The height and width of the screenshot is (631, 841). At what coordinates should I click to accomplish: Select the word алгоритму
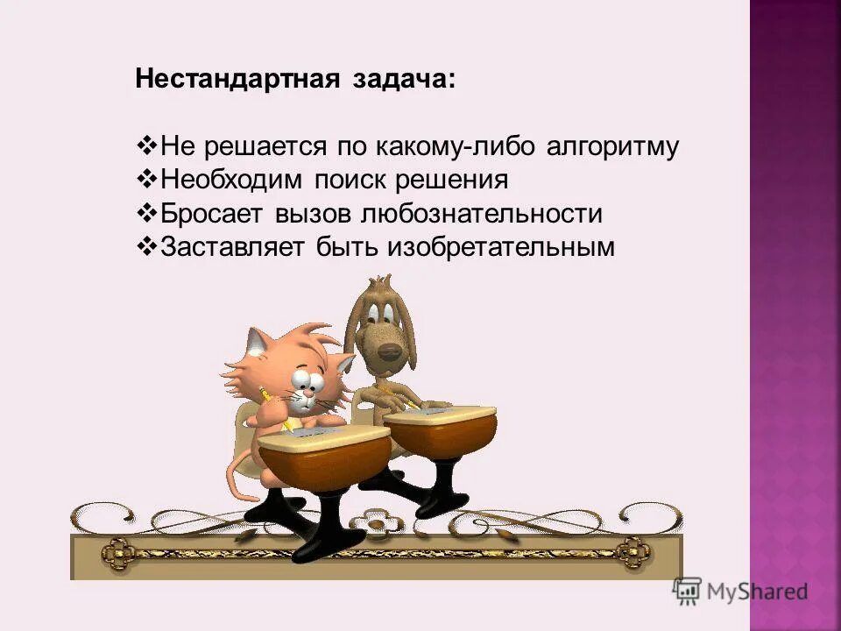click(612, 146)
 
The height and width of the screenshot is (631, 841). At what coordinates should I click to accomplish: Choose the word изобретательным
click(502, 248)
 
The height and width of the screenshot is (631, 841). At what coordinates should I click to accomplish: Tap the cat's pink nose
click(303, 397)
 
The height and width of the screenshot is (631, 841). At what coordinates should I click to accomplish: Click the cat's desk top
click(324, 436)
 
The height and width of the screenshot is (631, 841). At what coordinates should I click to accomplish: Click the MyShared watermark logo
click(740, 590)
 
